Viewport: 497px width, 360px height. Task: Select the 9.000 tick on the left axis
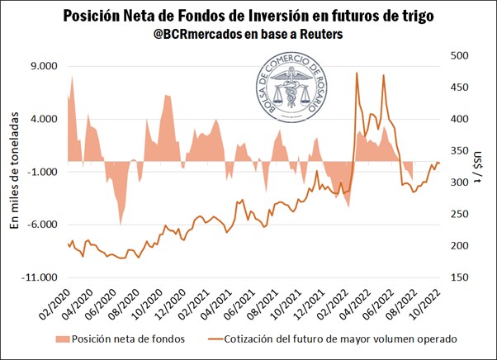[41, 66]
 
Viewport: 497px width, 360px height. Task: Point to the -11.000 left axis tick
[38, 277]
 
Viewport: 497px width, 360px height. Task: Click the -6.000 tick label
[40, 225]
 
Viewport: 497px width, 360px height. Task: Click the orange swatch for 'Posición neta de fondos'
[59, 339]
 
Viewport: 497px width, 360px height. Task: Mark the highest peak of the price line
[357, 73]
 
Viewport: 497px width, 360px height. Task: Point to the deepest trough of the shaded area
[121, 224]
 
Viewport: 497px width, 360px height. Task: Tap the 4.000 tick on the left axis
[41, 119]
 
